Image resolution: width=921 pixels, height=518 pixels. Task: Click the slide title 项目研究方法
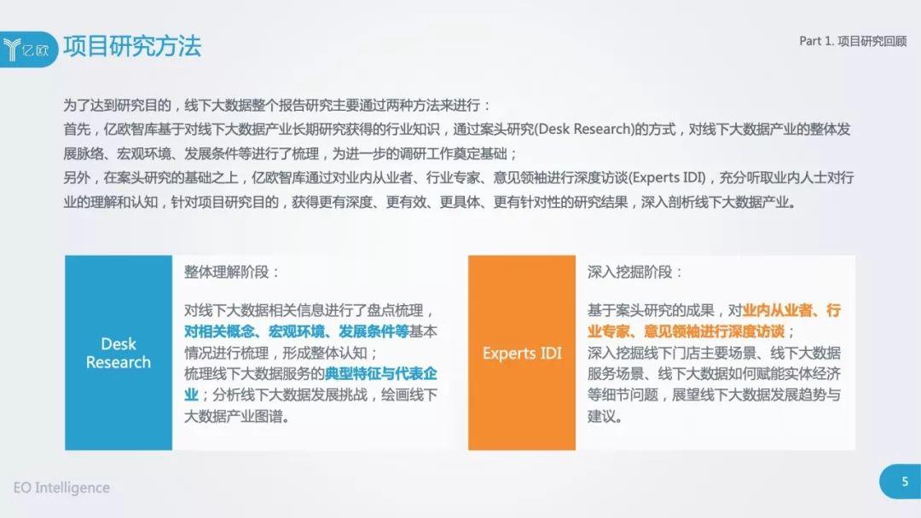point(132,46)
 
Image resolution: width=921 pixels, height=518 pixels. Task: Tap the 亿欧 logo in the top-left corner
point(27,49)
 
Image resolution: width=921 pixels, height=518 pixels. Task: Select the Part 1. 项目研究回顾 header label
point(853,41)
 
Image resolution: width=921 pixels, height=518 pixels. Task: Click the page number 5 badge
point(901,481)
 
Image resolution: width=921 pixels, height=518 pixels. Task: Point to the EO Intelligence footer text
point(61,487)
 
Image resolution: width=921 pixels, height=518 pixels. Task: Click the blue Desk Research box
point(119,353)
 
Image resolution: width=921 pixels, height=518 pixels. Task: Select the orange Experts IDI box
point(522,353)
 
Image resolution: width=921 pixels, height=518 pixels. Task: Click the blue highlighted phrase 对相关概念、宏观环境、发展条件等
point(297,331)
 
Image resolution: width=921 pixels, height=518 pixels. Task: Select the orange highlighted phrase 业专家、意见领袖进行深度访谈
point(686,331)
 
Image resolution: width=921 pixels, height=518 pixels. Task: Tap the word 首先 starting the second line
point(77,129)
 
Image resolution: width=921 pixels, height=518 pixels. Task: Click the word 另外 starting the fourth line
point(77,178)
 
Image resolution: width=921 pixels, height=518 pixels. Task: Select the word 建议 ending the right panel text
point(601,416)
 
